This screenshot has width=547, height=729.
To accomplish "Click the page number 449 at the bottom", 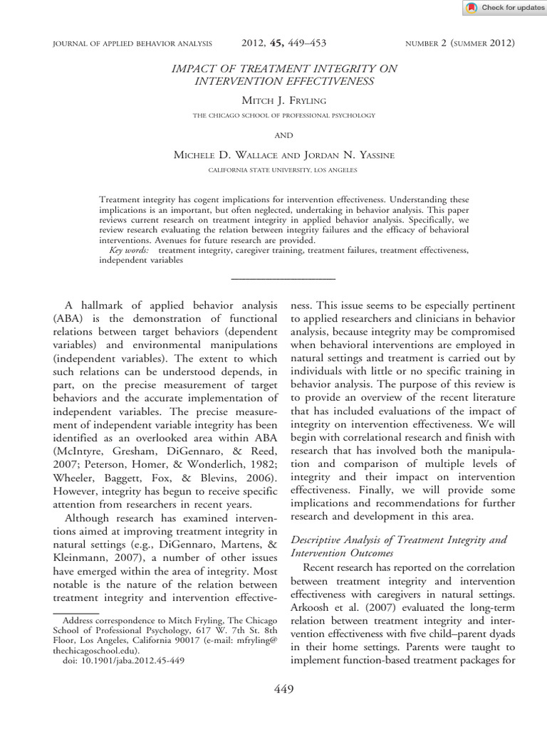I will pyautogui.click(x=283, y=688).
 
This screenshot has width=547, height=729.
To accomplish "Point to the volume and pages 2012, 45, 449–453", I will pyautogui.click(x=283, y=43).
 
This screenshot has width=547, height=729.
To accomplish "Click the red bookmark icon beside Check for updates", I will pyautogui.click(x=472, y=8).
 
